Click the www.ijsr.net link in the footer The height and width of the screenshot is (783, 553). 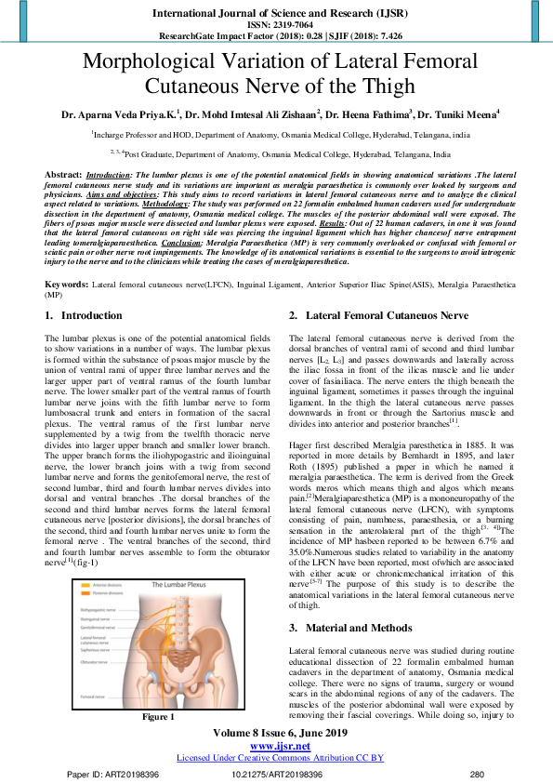click(x=275, y=746)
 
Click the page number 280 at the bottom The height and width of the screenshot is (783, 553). click(x=478, y=774)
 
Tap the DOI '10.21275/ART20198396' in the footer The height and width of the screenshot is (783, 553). click(x=277, y=774)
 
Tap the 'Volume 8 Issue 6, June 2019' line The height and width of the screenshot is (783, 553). click(x=275, y=733)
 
